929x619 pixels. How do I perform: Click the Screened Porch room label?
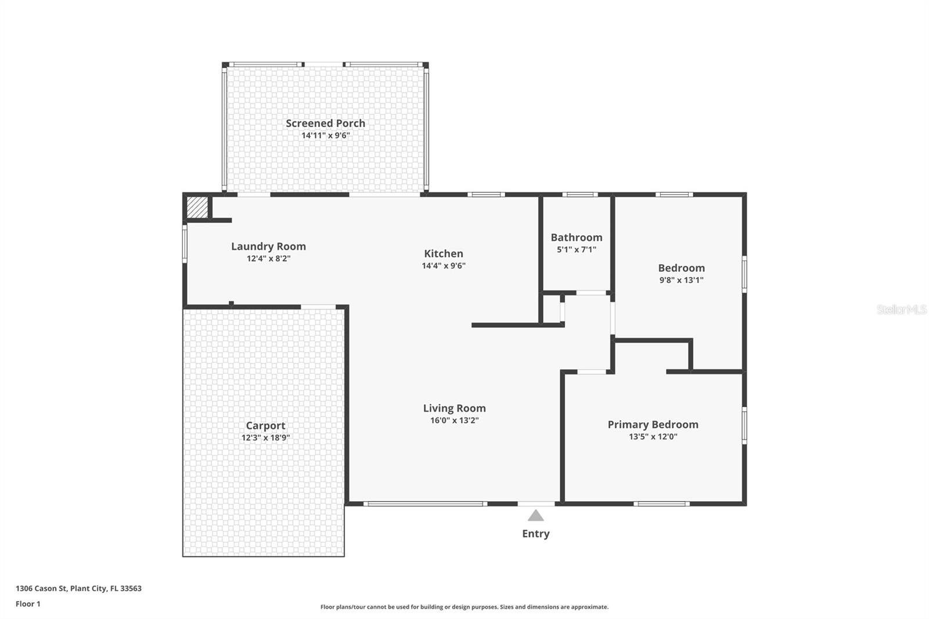pos(325,123)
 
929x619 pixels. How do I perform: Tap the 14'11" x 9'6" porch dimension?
pos(325,136)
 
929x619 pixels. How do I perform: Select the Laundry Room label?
pos(268,246)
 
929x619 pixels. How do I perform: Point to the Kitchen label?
pos(444,253)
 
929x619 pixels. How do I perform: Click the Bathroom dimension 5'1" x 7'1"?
pos(576,250)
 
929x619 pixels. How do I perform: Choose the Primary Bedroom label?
pos(653,424)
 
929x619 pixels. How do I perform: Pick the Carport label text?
pos(265,426)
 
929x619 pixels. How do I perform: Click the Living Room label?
pos(454,408)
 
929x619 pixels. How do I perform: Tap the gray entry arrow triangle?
pos(535,516)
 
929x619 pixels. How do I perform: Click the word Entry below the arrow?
pos(535,534)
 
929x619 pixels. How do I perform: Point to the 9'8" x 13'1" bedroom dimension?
pos(681,280)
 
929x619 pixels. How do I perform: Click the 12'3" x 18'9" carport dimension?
pos(265,438)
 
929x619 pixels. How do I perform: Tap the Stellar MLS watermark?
pos(901,310)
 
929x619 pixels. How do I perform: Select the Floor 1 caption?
pos(28,604)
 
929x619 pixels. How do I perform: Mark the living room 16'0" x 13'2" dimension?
pos(454,420)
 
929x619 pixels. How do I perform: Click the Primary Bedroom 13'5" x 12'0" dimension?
pos(653,437)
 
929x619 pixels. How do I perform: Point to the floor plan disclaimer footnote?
pos(464,607)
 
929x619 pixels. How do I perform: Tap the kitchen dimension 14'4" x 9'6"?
pos(444,266)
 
